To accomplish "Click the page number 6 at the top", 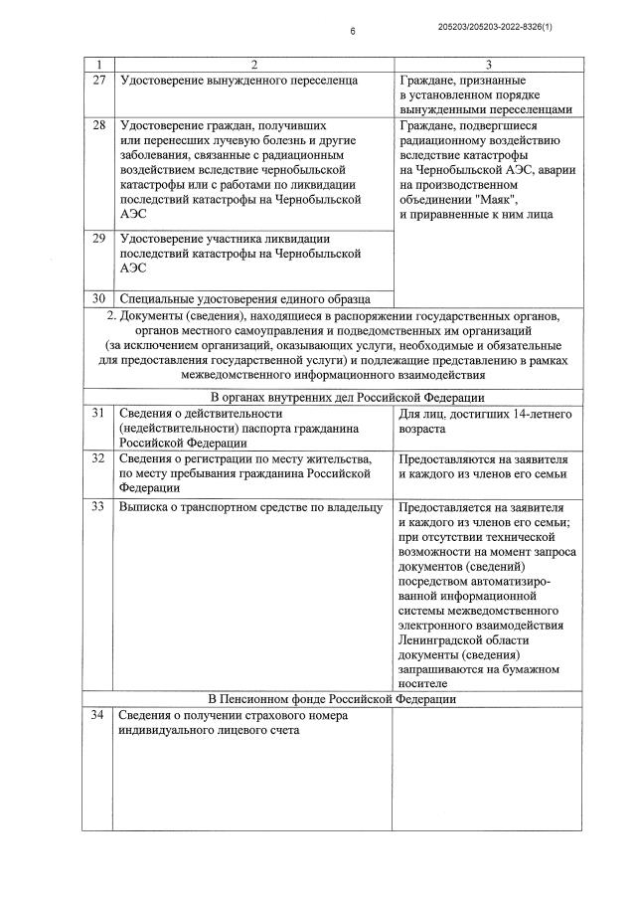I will pyautogui.click(x=352, y=32).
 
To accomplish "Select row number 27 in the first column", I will pyautogui.click(x=98, y=79).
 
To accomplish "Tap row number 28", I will pyautogui.click(x=98, y=127).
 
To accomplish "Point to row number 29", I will pyautogui.click(x=98, y=239).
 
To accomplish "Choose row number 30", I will pyautogui.click(x=98, y=297).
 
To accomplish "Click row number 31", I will pyautogui.click(x=98, y=413).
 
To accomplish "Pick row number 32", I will pyautogui.click(x=98, y=458).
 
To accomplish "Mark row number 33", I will pyautogui.click(x=98, y=506).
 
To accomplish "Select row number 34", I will pyautogui.click(x=98, y=715).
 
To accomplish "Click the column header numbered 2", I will pyautogui.click(x=253, y=63).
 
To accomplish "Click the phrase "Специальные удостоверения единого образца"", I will pyautogui.click(x=244, y=297).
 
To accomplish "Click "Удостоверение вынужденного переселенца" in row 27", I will pyautogui.click(x=238, y=79).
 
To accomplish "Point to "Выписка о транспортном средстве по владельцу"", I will pyautogui.click(x=250, y=506).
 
